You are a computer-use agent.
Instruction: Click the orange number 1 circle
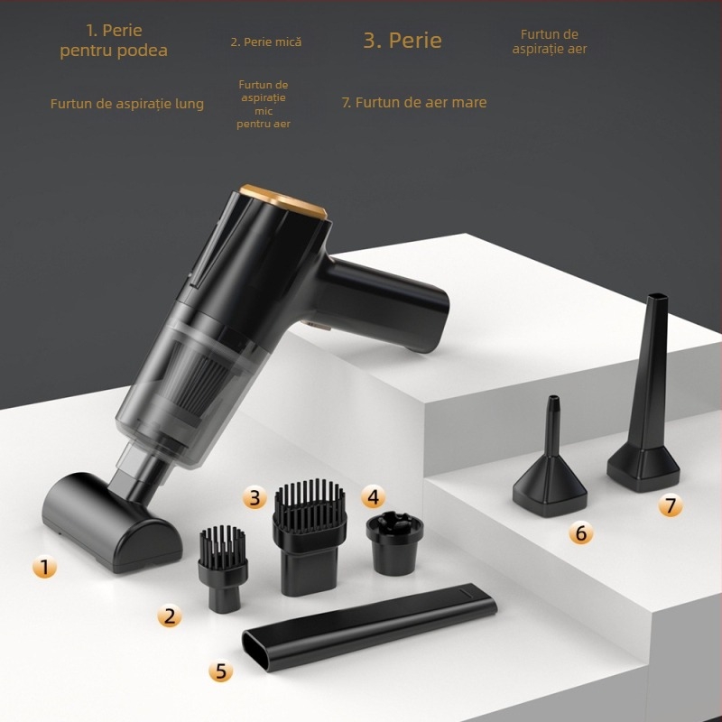click(44, 567)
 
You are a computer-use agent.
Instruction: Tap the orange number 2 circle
click(169, 616)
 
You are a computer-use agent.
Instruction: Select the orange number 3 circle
click(255, 496)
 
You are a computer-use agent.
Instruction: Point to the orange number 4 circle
click(373, 495)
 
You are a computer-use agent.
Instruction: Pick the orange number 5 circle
click(221, 670)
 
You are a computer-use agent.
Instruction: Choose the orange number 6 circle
click(581, 533)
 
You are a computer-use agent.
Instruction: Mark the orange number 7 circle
click(670, 505)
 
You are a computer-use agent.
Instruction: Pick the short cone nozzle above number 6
click(550, 469)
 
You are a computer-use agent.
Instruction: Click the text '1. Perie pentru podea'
click(114, 42)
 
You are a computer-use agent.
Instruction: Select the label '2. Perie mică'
click(265, 42)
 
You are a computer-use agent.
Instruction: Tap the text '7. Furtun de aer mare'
click(413, 102)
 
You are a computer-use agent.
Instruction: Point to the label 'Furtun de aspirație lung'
click(126, 104)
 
